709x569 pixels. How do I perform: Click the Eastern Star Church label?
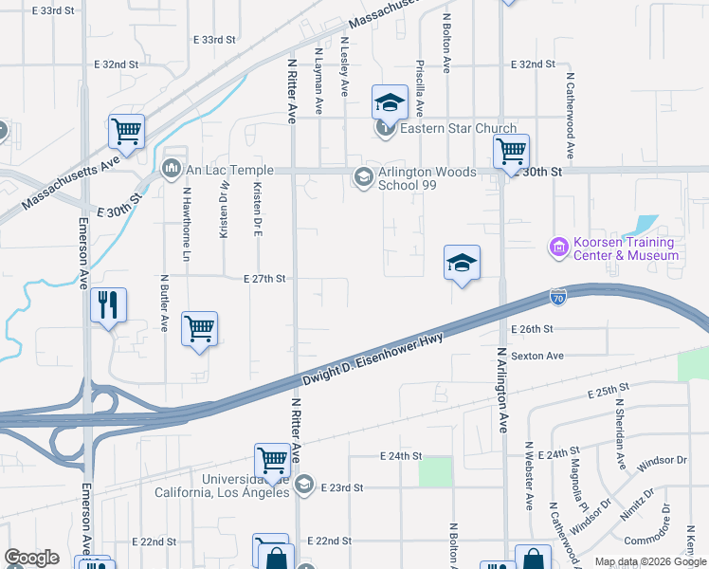pos(458,129)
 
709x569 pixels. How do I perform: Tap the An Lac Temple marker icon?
pos(172,170)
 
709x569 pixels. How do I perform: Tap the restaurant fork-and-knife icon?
pos(107,305)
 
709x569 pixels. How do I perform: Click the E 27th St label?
pos(264,279)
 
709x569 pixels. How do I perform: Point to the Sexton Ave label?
pos(537,356)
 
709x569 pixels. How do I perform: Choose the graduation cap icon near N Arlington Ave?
pos(462,262)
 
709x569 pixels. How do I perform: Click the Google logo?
pos(31,558)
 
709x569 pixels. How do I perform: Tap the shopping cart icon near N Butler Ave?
pos(199,329)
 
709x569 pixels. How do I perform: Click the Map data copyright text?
pos(649,561)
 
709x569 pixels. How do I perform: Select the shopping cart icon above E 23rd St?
pos(273,460)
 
